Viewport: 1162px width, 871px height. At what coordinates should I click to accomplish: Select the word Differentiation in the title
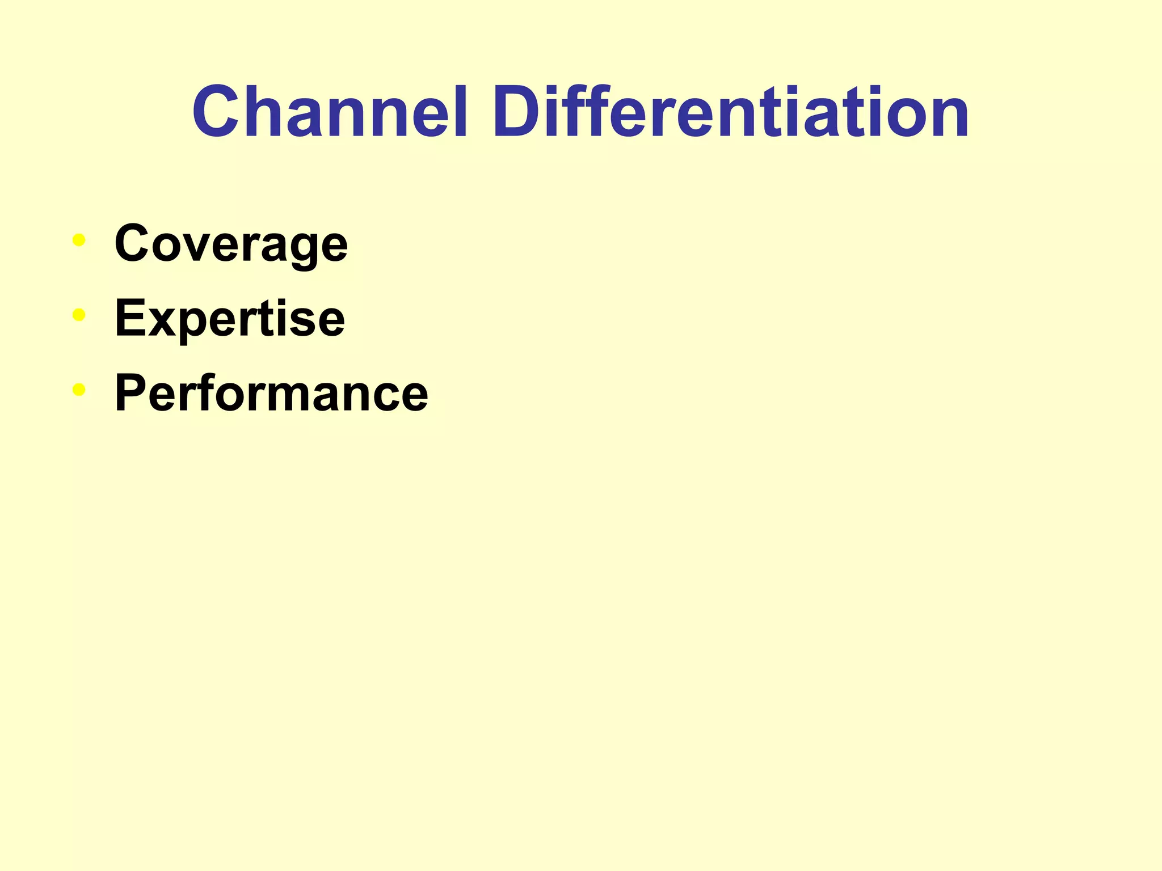click(x=731, y=112)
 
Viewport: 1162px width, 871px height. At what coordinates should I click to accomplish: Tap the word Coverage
click(x=231, y=244)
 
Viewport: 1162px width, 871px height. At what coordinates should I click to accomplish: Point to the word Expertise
click(x=230, y=319)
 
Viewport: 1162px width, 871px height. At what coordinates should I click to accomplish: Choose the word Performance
click(x=271, y=393)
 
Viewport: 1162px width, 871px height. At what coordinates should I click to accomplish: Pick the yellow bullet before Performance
click(x=79, y=390)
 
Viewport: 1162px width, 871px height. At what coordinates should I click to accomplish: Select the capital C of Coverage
click(x=134, y=243)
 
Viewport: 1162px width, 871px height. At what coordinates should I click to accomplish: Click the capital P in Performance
click(x=132, y=393)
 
